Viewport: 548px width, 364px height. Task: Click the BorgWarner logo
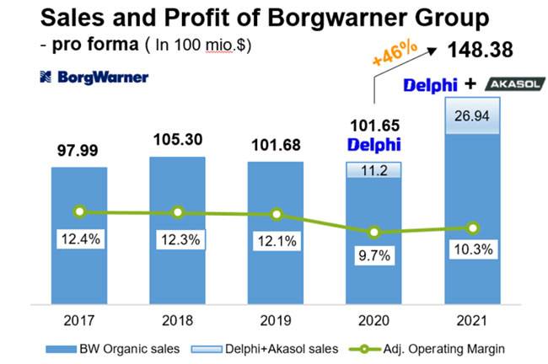[x=94, y=78]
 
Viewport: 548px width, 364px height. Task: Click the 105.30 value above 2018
[x=177, y=139]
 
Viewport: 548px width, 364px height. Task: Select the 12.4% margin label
[x=79, y=239]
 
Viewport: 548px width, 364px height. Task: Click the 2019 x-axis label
[x=276, y=319]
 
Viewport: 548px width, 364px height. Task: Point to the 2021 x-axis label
[x=473, y=319]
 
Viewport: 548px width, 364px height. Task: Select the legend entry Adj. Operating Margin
[x=425, y=347]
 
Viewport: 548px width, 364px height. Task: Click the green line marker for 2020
[x=374, y=232]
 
